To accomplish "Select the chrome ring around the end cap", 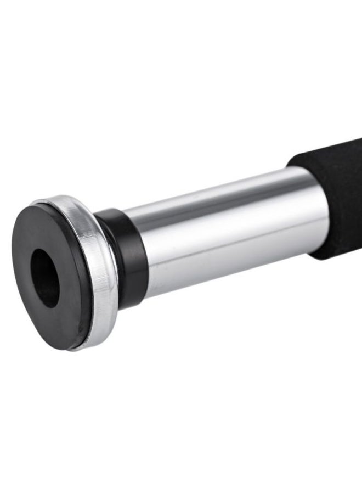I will (101, 274).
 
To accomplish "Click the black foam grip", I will (335, 198).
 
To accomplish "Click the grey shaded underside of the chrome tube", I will (230, 274).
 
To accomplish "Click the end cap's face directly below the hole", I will (55, 324).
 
